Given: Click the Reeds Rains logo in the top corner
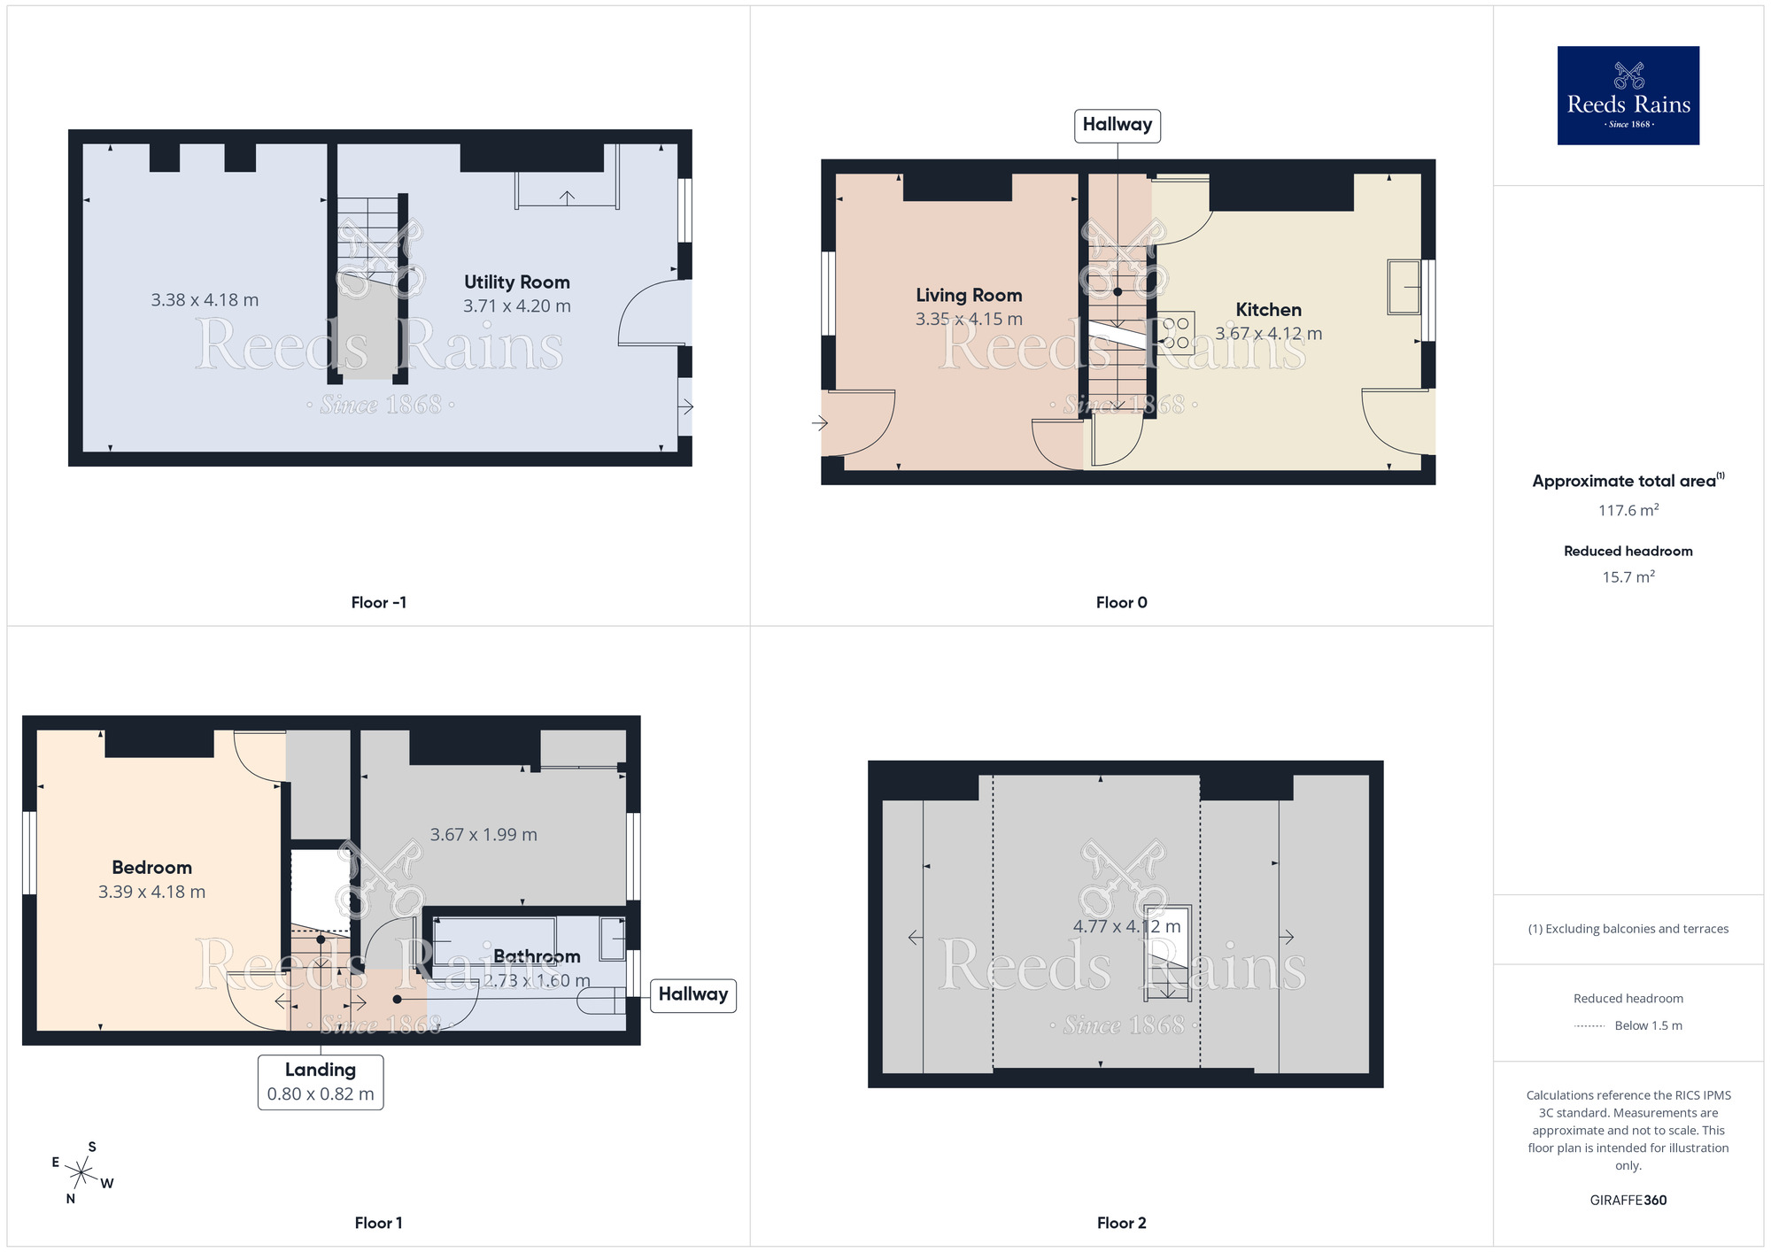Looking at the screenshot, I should [x=1628, y=96].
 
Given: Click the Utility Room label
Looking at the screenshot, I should [x=517, y=282].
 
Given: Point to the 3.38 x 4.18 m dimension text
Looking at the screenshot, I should [x=205, y=300].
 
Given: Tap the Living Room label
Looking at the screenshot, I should [x=969, y=296].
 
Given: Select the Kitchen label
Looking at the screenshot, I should [x=1268, y=310].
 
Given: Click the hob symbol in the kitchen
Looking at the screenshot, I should [x=1176, y=333].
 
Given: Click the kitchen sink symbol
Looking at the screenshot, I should [x=1404, y=287].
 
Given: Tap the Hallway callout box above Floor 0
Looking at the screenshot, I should [x=1117, y=125].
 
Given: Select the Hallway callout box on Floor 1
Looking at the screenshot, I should [x=693, y=994].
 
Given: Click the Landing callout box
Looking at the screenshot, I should [x=321, y=1081].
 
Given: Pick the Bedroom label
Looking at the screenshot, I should [x=151, y=868].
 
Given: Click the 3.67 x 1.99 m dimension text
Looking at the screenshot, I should [x=483, y=835].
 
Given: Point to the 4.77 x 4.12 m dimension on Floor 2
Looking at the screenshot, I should [x=1126, y=927].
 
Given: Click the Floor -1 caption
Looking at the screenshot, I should [x=378, y=603].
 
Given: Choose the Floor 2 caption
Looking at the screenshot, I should [x=1121, y=1223].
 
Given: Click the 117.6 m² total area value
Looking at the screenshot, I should [x=1628, y=511].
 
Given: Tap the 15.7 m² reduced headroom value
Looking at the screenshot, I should [x=1628, y=577].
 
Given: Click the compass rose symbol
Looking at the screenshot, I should [x=81, y=1174].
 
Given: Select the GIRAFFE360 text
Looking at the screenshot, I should [x=1628, y=1201].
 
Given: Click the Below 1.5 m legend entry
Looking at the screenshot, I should [x=1647, y=1026].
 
